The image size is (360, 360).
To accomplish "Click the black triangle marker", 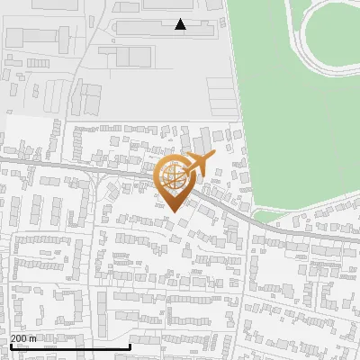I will tap(181, 24).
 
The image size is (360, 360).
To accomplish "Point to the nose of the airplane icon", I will tap(215, 157).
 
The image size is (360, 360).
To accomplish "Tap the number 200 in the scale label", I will tap(19, 338).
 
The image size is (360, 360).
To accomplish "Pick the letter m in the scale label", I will tap(33, 338).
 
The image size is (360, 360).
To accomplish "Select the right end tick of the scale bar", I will tap(130, 346).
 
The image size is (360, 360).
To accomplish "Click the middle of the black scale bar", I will tap(70, 347).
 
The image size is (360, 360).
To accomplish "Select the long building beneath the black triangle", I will tap(162, 28).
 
